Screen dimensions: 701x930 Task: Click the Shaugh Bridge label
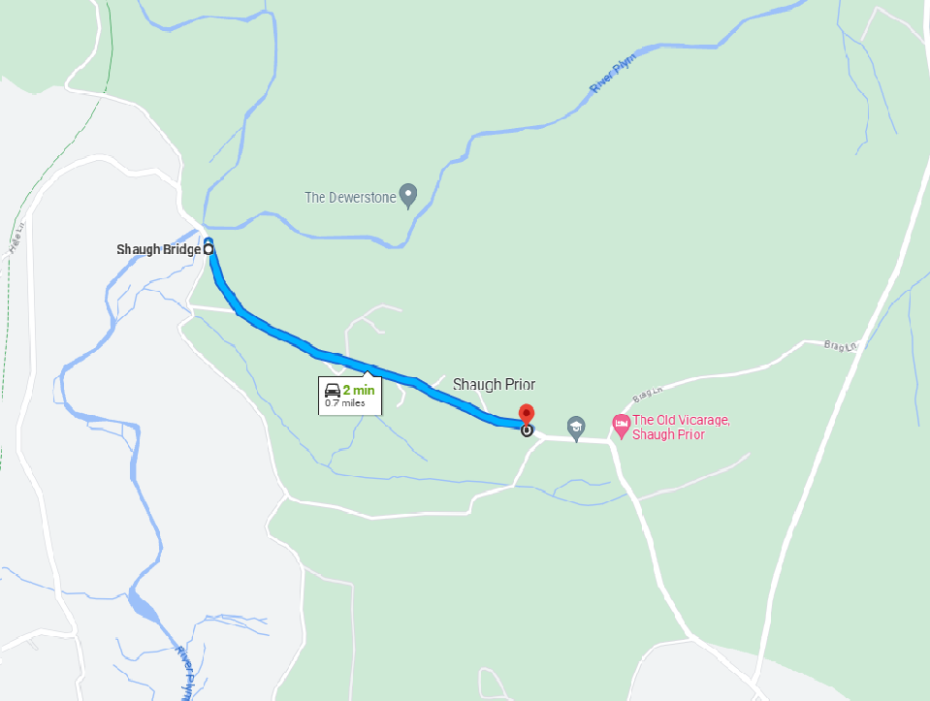click(x=158, y=249)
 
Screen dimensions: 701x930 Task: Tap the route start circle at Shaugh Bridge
click(x=208, y=249)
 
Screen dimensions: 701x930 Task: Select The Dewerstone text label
click(x=350, y=197)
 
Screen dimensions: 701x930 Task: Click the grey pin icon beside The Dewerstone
click(x=408, y=196)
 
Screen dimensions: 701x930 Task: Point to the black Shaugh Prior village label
click(x=494, y=384)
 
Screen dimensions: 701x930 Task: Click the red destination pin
click(x=527, y=413)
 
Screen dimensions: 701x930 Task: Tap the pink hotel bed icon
click(x=621, y=424)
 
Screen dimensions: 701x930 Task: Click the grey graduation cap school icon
click(x=576, y=427)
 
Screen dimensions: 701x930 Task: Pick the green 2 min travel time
click(x=358, y=390)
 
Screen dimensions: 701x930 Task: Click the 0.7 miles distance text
click(x=345, y=403)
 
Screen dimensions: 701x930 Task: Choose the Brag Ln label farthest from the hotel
click(x=840, y=344)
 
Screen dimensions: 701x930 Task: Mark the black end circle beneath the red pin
click(x=527, y=430)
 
